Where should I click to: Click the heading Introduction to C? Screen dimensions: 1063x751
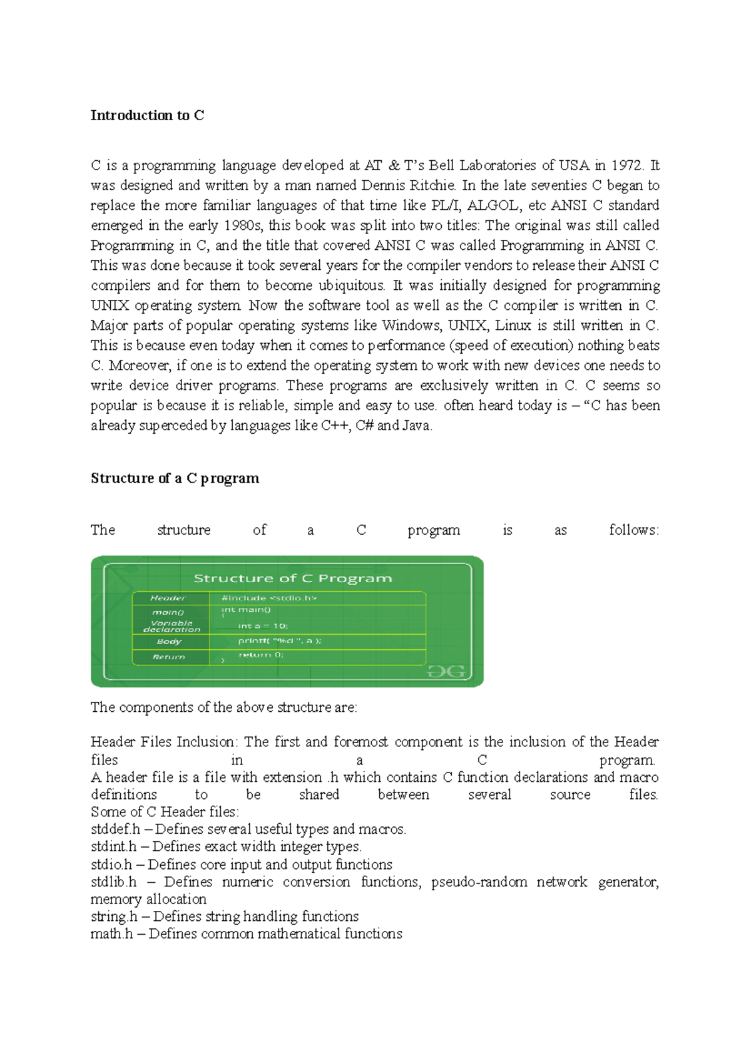pyautogui.click(x=147, y=115)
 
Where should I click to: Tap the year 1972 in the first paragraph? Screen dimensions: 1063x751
pyautogui.click(x=626, y=165)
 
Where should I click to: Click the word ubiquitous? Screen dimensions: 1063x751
pyautogui.click(x=352, y=285)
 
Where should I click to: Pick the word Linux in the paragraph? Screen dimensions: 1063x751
pyautogui.click(x=513, y=326)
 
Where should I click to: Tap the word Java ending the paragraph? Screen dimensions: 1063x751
pyautogui.click(x=417, y=426)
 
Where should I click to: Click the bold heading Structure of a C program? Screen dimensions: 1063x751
pyautogui.click(x=175, y=478)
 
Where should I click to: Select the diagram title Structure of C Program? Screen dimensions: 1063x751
pyautogui.click(x=293, y=578)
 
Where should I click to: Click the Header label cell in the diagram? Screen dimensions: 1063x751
pyautogui.click(x=168, y=598)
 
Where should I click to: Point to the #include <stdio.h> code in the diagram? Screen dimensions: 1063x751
pyautogui.click(x=269, y=598)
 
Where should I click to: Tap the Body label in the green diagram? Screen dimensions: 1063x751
pyautogui.click(x=169, y=641)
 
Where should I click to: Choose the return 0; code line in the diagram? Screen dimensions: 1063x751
pyautogui.click(x=261, y=655)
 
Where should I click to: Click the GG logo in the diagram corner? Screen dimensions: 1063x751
pyautogui.click(x=446, y=671)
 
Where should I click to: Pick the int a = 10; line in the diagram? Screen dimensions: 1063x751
pyautogui.click(x=263, y=625)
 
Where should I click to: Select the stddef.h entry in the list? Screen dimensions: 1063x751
pyautogui.click(x=115, y=829)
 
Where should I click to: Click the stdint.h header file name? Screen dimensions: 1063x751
pyautogui.click(x=113, y=846)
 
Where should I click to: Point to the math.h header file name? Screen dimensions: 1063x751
pyautogui.click(x=111, y=934)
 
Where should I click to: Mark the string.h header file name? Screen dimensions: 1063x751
pyautogui.click(x=114, y=917)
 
